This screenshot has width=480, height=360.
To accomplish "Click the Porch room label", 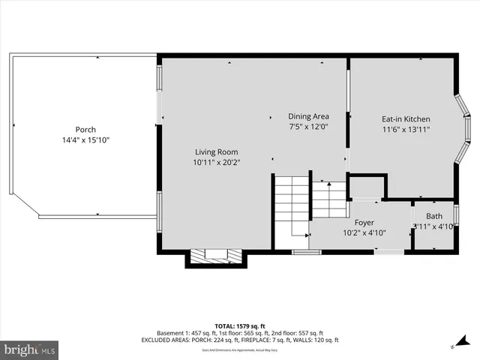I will coord(85,130).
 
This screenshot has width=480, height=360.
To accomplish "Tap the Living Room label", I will coord(217,151).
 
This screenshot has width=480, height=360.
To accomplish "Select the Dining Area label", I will coord(309,116).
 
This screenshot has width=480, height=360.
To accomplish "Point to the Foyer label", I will coord(364,223).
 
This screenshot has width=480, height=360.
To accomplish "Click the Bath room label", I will coord(434,216).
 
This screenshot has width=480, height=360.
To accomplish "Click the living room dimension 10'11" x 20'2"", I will coord(217,162).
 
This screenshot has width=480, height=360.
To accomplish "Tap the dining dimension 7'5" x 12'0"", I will coord(309,127).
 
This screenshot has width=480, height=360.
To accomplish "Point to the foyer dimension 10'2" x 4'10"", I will coord(364,233).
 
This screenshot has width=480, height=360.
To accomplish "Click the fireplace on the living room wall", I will coord(215,257).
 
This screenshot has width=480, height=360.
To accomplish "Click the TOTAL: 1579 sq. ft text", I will coord(239,325).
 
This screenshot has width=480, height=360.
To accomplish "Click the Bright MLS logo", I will coord(30,349).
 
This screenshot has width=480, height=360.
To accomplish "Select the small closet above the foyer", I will coord(367,187).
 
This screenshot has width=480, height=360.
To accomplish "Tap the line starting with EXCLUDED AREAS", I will coord(239,340).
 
